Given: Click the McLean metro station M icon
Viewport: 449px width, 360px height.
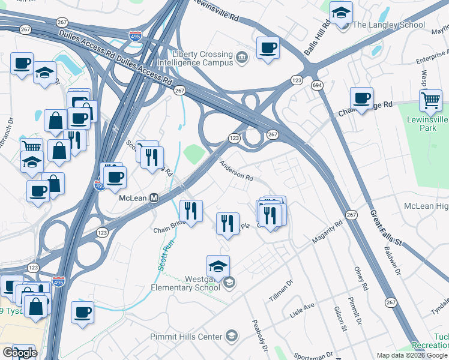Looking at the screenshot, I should click(154, 197).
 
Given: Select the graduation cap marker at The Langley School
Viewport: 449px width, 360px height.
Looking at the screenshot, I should click(342, 13).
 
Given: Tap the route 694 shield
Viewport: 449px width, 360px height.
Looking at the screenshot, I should click(316, 86).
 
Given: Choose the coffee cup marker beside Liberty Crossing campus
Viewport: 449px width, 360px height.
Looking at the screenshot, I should click(268, 48).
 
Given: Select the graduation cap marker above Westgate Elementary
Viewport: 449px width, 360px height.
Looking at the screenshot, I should click(218, 266).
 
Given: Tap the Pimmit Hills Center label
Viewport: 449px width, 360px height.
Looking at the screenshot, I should click(186, 337).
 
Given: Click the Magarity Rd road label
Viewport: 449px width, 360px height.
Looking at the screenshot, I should click(327, 232).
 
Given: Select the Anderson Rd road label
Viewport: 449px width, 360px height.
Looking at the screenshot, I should click(236, 169).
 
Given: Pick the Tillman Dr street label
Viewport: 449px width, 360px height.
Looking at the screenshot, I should click(280, 290).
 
